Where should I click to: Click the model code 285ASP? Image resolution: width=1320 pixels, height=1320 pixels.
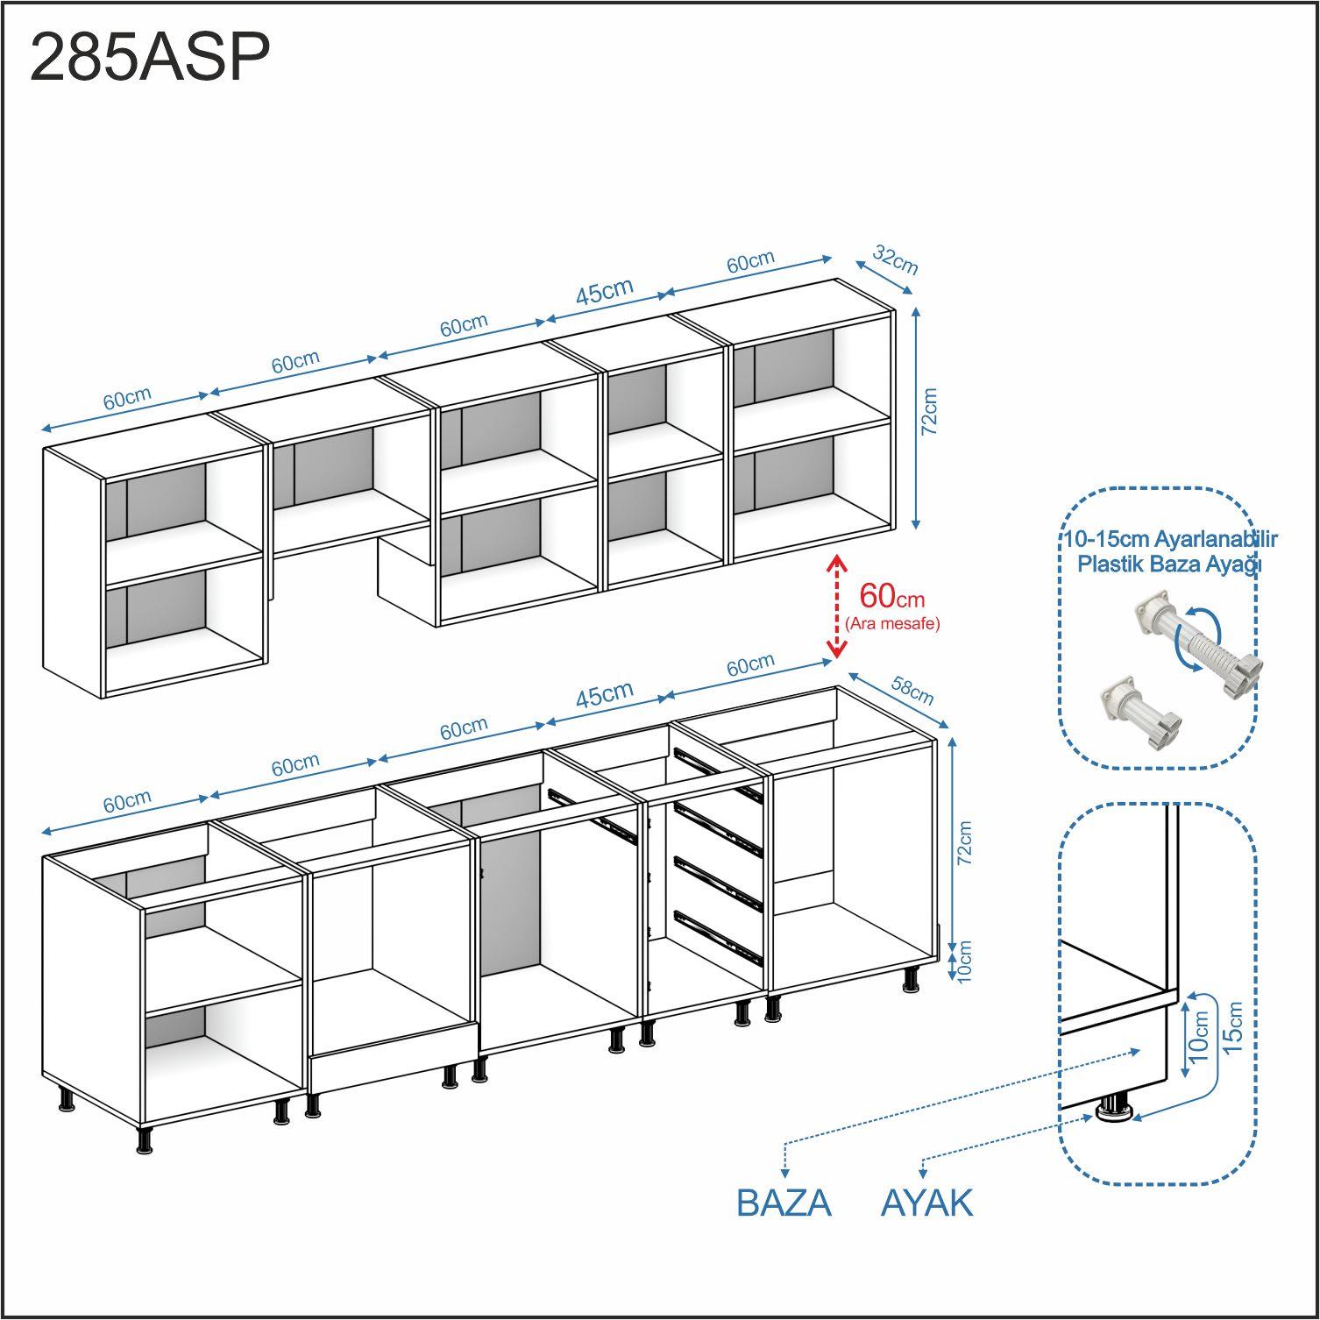150,58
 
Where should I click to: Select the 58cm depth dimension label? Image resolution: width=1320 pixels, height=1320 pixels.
912,690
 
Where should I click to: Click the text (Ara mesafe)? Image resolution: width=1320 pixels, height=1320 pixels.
892,624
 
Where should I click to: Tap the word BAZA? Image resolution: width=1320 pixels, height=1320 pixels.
784,1203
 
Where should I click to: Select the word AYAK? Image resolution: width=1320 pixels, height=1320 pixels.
926,1203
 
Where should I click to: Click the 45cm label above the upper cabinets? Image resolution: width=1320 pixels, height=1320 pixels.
604,292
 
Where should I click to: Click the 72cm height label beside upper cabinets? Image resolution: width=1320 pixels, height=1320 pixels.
930,412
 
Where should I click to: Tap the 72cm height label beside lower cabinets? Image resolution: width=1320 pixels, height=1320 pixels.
964,844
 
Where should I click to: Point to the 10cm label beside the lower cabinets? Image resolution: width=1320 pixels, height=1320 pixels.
965,962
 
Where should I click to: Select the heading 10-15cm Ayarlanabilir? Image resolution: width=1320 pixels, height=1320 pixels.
1169,538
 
